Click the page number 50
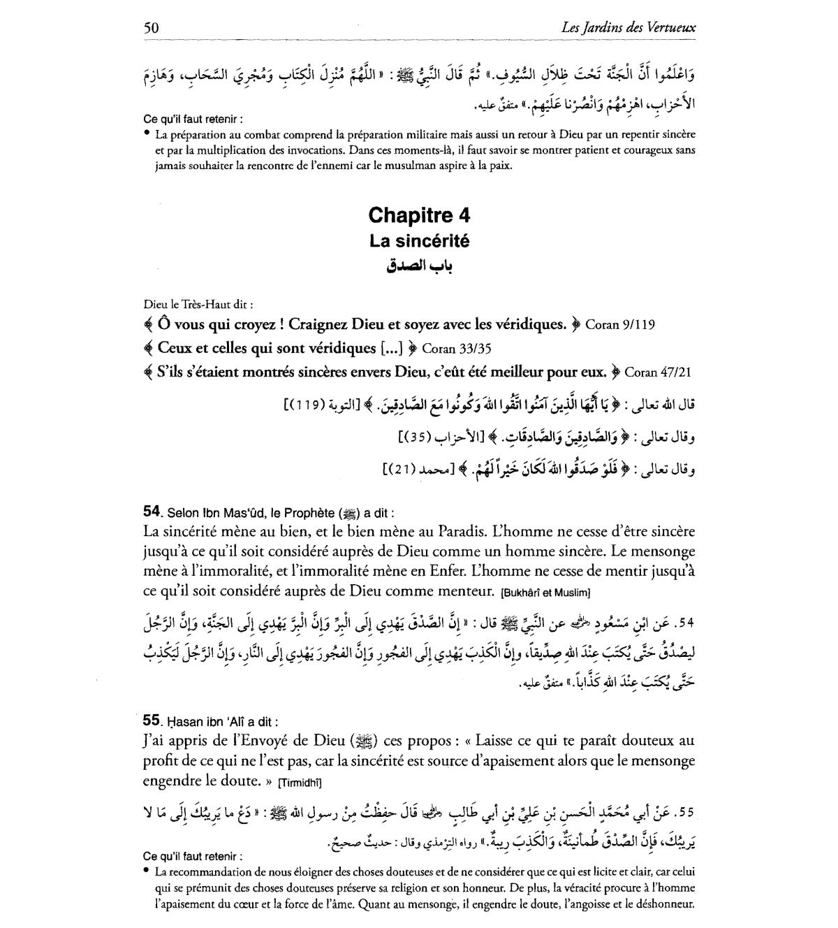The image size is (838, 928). (151, 28)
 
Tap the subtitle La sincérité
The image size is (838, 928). (419, 241)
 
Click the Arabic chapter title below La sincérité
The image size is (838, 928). (419, 266)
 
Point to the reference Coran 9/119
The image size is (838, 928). (619, 324)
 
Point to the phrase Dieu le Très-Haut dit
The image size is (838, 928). (197, 304)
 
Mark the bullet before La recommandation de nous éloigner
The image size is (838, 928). (147, 871)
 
